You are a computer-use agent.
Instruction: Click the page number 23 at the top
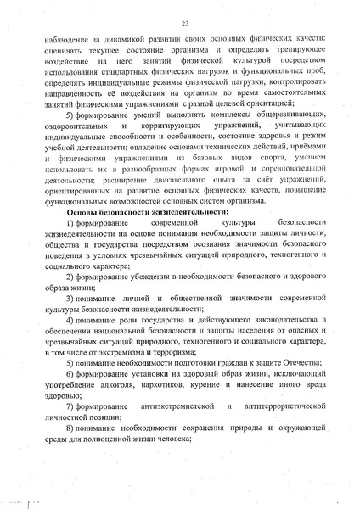pyautogui.click(x=183, y=25)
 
